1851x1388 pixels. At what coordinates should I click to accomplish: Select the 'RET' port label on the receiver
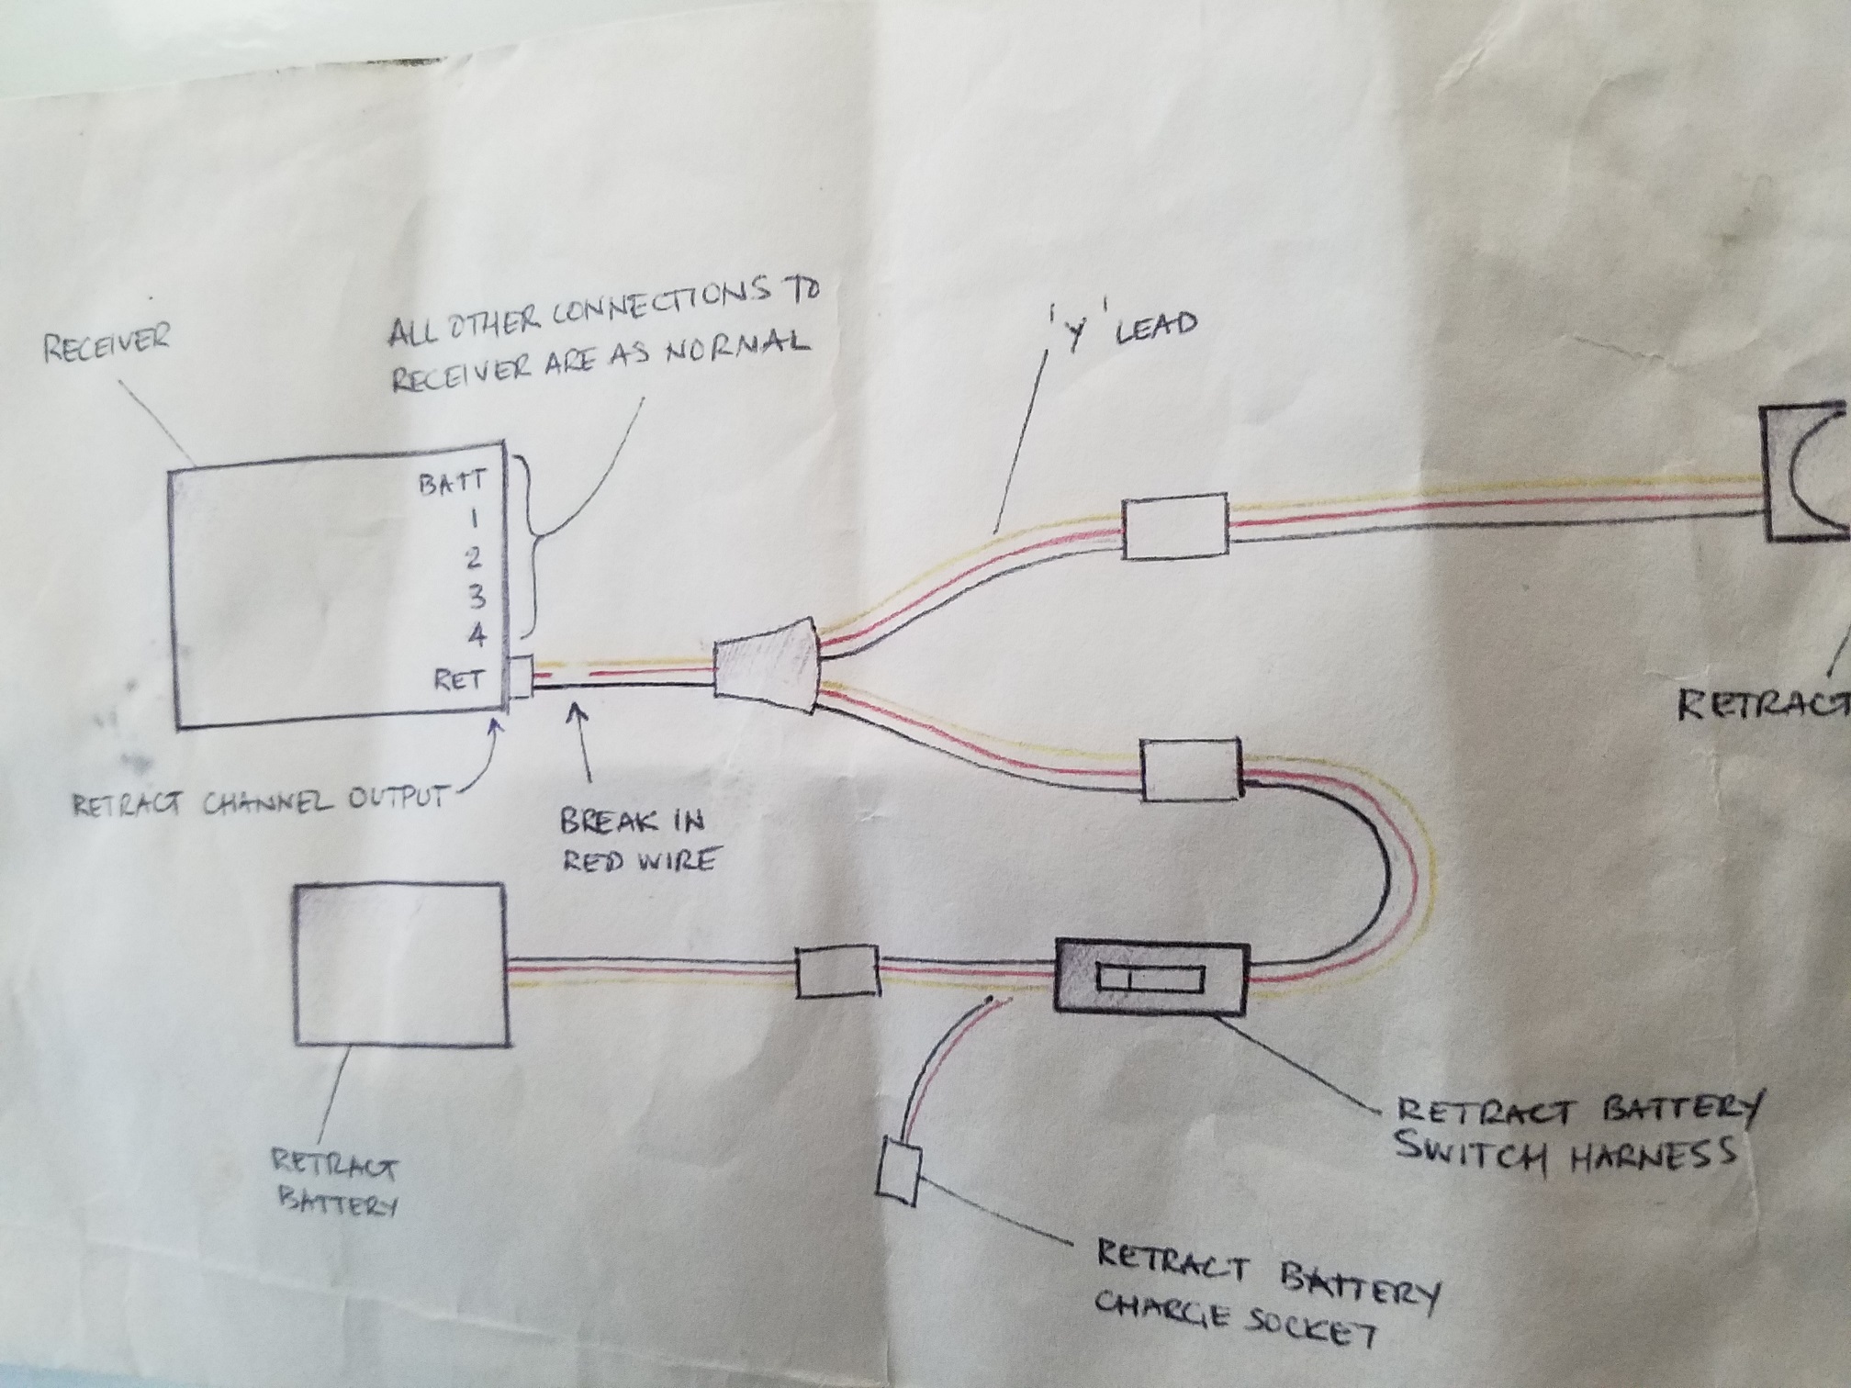[x=458, y=680]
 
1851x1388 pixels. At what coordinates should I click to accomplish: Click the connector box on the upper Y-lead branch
[x=1175, y=526]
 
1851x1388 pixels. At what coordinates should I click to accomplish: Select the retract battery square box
[x=399, y=965]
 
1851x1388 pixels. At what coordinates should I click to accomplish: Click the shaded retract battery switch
[x=1151, y=976]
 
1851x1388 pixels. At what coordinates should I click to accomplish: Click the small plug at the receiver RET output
[x=521, y=677]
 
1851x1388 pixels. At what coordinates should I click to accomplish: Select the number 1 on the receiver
[x=474, y=520]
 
